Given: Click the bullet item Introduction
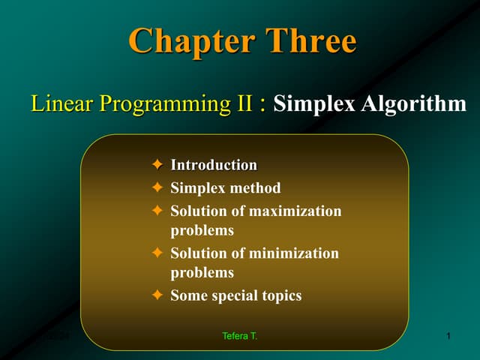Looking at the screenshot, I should [214, 165].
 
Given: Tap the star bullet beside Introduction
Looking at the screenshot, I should [157, 165].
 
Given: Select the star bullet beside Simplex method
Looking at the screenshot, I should [157, 188].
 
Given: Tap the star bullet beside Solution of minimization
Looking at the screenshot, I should [157, 253].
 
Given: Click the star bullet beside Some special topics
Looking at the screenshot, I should [157, 295].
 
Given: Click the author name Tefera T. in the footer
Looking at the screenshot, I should [239, 336].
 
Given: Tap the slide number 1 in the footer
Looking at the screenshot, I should [448, 336].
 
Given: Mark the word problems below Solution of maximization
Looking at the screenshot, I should [202, 230].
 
